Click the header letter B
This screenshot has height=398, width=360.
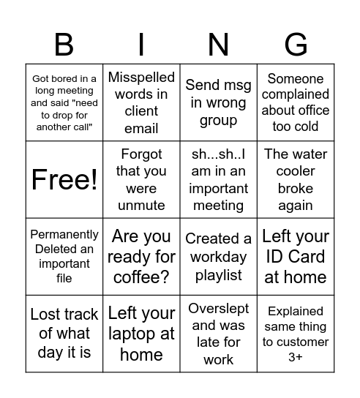pos(64,45)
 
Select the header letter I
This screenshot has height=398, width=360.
pos(141,45)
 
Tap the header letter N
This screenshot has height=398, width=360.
pos(218,45)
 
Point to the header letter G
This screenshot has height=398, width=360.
pos(296,45)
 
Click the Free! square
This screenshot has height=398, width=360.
pos(64,179)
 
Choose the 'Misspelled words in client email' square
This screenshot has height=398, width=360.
pos(141,102)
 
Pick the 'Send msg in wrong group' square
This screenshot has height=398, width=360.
pos(218,102)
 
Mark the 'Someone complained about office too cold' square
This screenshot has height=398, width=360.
pos(296,102)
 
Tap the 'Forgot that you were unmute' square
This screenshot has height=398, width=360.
pos(141,179)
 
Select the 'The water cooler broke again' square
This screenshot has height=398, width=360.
pos(296,179)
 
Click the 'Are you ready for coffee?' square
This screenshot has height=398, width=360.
pos(141,257)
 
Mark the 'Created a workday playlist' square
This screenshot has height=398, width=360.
pos(218,257)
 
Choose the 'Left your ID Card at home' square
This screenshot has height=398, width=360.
pos(296,257)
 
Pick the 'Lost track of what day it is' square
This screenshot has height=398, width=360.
pos(64,334)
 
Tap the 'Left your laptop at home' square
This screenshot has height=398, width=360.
pos(141,334)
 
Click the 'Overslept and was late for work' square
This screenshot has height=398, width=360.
pos(218,334)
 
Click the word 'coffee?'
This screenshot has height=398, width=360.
pos(141,277)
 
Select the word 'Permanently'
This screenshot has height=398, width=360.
pos(64,235)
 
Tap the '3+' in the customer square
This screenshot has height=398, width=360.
pos(296,356)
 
